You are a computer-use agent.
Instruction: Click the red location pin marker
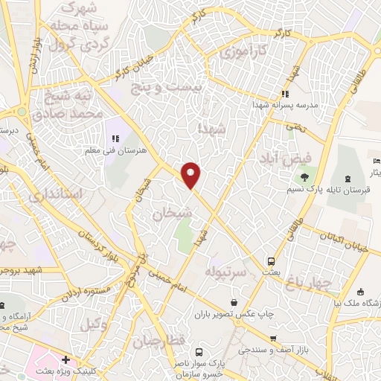(192, 175)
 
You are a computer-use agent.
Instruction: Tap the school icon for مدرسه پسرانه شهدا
(284, 94)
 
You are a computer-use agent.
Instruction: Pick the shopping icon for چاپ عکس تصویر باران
(235, 302)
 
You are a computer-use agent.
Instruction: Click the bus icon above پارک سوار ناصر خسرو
(197, 351)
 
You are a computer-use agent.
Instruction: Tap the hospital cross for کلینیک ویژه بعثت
(65, 359)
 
